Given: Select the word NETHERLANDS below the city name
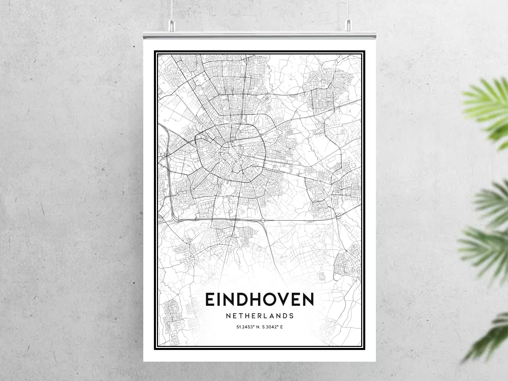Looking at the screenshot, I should (x=259, y=316).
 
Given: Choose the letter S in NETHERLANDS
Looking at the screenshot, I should (x=291, y=316).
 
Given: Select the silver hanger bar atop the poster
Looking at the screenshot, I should (x=259, y=35).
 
